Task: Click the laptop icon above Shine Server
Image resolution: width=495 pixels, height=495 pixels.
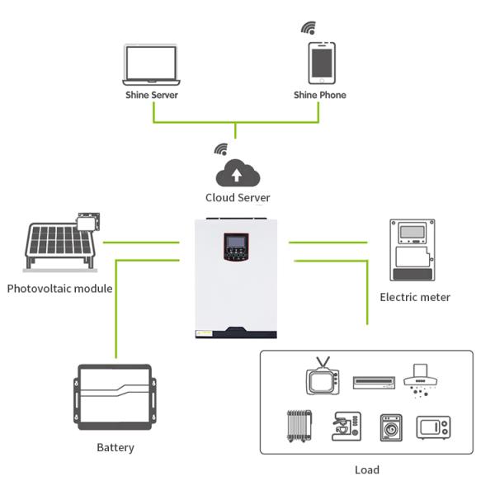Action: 151,64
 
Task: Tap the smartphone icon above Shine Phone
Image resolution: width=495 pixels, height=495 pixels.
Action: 322,63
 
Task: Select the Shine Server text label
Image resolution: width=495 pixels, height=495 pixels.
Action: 151,95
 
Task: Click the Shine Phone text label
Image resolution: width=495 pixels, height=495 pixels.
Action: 320,95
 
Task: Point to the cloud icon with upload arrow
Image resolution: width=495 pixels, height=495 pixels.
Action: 238,173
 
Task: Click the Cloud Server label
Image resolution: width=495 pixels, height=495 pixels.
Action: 238,198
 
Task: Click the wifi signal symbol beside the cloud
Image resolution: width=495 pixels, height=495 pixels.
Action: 220,149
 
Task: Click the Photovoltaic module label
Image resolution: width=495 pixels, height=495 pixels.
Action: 60,289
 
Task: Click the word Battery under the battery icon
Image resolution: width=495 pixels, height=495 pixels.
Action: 115,448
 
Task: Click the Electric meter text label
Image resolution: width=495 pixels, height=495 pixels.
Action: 415,297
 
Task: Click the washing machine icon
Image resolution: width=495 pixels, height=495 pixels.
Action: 390,427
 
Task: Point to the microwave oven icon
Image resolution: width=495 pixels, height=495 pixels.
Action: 433,427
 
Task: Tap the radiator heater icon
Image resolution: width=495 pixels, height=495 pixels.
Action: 299,426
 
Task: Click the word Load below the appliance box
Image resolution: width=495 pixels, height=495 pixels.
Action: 366,470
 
